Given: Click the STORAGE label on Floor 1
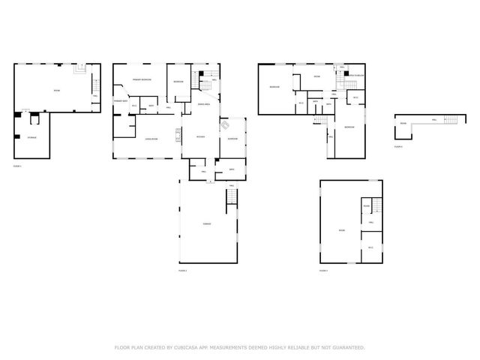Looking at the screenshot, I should coord(32,138).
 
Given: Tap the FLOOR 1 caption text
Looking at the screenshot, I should coord(17,165).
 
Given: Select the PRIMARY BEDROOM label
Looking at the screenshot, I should coord(142,79).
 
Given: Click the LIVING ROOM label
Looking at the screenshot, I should coord(150,139).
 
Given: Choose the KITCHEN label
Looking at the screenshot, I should coord(200,136).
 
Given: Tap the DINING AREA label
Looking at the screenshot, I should coord(203,104).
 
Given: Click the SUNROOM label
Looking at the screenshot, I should coord(232,139).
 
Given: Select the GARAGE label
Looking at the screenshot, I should coord(206,223).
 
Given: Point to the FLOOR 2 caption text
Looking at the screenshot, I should coord(182,270).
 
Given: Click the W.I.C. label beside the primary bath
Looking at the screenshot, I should coord(133,106).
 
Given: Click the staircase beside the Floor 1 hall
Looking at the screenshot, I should coord(81,70).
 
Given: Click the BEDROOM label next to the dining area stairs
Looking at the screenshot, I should coord(178,81).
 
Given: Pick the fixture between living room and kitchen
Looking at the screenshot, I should coord(178,135).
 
